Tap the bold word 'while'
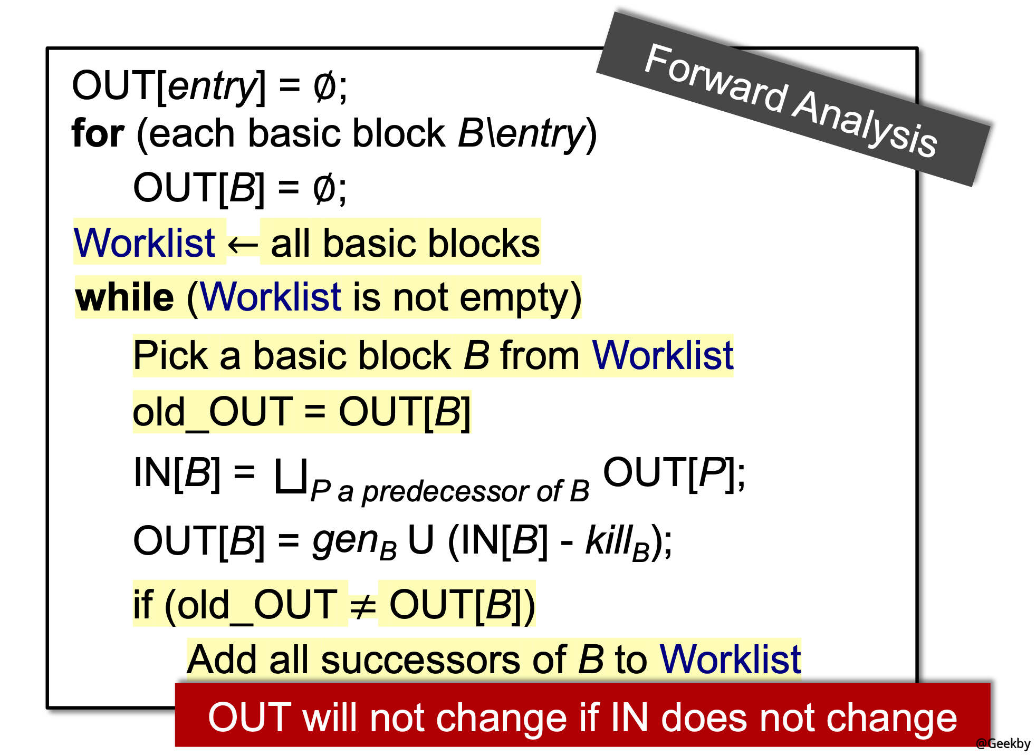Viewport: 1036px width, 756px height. pos(124,297)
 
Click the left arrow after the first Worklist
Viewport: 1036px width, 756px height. pos(243,244)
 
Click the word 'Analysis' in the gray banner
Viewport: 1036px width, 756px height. pos(866,123)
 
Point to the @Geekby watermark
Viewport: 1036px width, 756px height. pos(1003,743)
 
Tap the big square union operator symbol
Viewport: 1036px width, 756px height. pos(291,476)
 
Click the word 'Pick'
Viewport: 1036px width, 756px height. pos(170,355)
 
